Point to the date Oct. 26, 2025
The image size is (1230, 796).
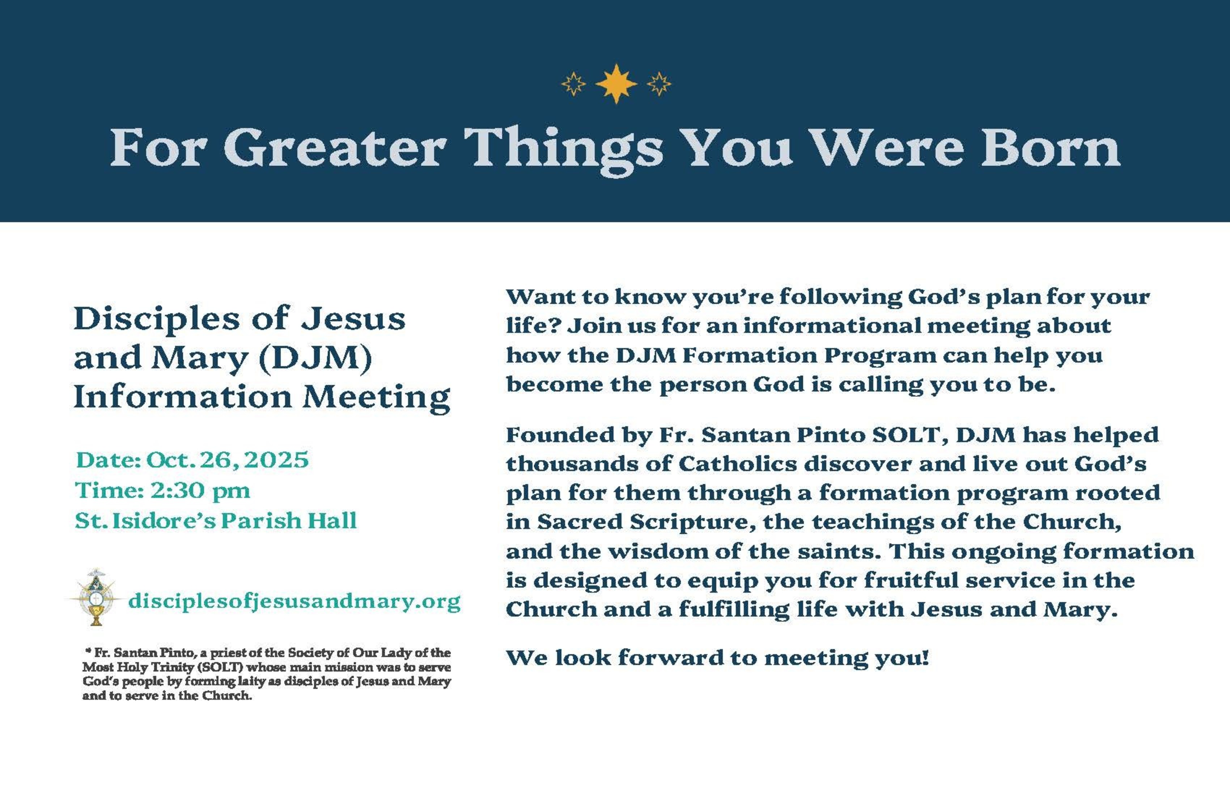228,460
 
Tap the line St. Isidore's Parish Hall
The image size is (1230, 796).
216,521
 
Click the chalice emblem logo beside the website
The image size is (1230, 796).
96,597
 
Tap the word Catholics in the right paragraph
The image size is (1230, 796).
738,463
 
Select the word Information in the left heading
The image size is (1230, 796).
183,397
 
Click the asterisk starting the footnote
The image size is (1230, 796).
88,650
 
